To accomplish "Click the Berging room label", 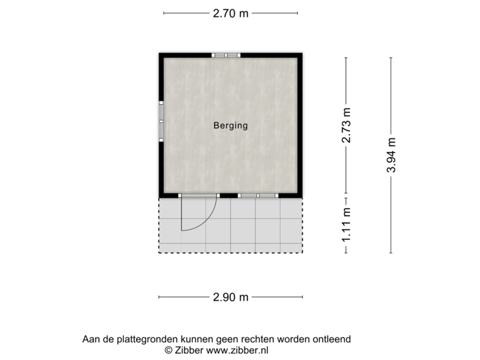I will coord(231,125).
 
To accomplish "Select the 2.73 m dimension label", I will coord(345,125).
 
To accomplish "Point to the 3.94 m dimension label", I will coord(391,155).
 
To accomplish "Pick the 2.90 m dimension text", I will coord(231,297).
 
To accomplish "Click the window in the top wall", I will coord(225,55).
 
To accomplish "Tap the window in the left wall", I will coord(160,121).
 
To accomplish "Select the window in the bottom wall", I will coord(257,195).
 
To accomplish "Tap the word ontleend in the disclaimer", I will coord(331,339).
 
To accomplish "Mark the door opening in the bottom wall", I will coord(198,195).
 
